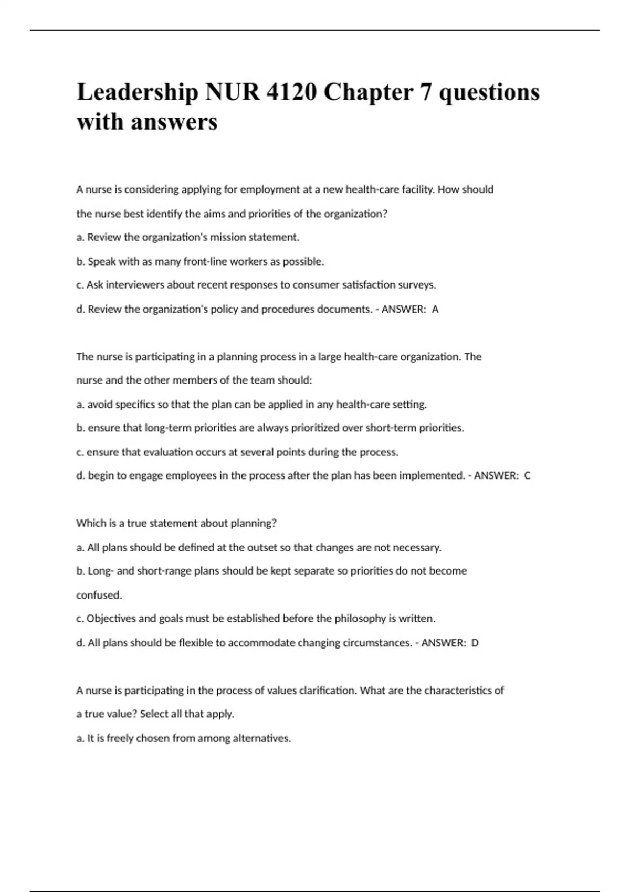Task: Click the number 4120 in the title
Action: click(x=291, y=92)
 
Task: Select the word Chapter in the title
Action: click(x=368, y=92)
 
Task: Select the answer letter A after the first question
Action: click(x=435, y=309)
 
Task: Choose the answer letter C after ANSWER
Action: click(x=527, y=475)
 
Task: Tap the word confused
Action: click(x=99, y=595)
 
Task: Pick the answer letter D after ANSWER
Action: click(x=475, y=643)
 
